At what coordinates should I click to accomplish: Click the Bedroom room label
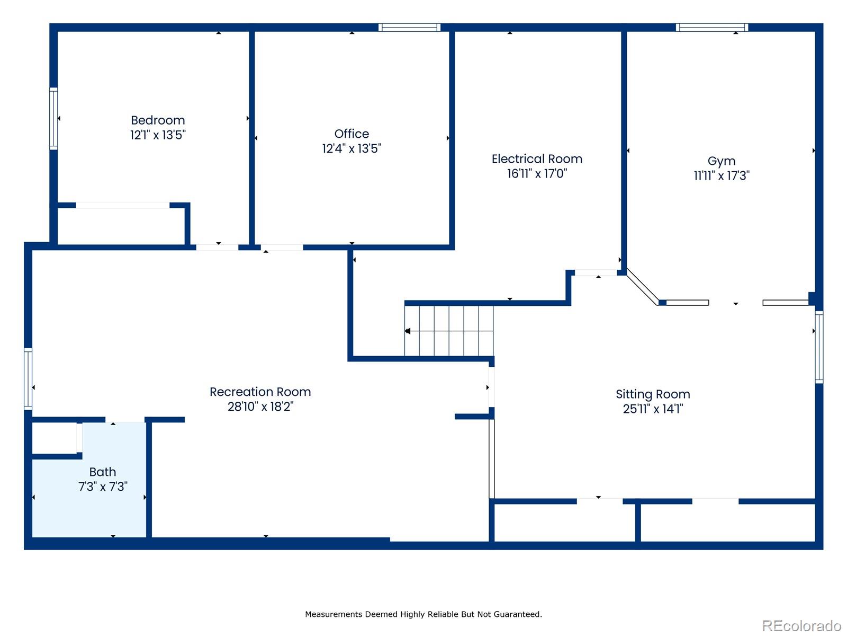pyautogui.click(x=158, y=120)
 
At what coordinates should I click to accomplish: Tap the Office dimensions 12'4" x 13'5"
pyautogui.click(x=352, y=149)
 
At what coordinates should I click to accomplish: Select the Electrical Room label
pyautogui.click(x=537, y=159)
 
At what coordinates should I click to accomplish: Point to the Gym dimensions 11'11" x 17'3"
pyautogui.click(x=722, y=176)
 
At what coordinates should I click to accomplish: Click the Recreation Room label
pyautogui.click(x=260, y=392)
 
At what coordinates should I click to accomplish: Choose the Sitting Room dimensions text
pyautogui.click(x=653, y=409)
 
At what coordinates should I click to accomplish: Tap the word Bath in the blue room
pyautogui.click(x=102, y=472)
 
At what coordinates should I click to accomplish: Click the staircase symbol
pyautogui.click(x=449, y=331)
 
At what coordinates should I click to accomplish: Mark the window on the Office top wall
pyautogui.click(x=409, y=28)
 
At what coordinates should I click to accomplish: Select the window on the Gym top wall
pyautogui.click(x=711, y=28)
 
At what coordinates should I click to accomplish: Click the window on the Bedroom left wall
pyautogui.click(x=53, y=119)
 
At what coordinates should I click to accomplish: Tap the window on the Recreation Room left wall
pyautogui.click(x=28, y=379)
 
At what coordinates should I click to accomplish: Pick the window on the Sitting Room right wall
pyautogui.click(x=819, y=347)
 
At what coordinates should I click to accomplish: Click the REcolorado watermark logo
pyautogui.click(x=801, y=626)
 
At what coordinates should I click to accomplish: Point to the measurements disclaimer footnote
pyautogui.click(x=424, y=614)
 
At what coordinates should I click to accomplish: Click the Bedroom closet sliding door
pyautogui.click(x=123, y=205)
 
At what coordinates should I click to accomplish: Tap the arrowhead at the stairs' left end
pyautogui.click(x=408, y=331)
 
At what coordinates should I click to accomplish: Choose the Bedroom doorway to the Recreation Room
pyautogui.click(x=217, y=247)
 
